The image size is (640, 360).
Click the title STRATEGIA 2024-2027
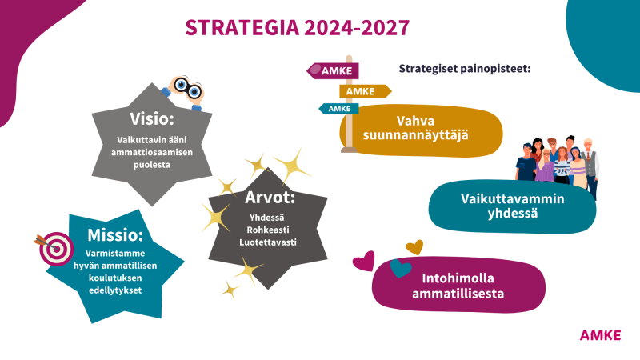point(297,28)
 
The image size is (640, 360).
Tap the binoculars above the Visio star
point(184,91)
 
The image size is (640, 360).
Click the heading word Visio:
point(152,118)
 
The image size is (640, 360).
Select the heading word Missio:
point(115,235)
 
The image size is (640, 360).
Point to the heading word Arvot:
point(270,198)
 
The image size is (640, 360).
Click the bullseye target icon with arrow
point(54,249)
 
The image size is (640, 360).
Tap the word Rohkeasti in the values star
point(268,230)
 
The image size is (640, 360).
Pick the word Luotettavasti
point(268,242)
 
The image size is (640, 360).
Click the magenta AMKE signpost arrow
point(333,71)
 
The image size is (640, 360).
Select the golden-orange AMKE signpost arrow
point(366,91)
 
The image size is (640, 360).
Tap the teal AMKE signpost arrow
point(338,109)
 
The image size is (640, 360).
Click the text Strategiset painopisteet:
point(465,69)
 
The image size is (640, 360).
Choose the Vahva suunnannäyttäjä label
point(415,128)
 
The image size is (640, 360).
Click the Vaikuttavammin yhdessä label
point(513,206)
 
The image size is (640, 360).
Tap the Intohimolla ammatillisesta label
point(458,286)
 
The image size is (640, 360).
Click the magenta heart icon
point(364,262)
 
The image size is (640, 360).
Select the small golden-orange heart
point(414,247)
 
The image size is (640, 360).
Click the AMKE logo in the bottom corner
point(601,335)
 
